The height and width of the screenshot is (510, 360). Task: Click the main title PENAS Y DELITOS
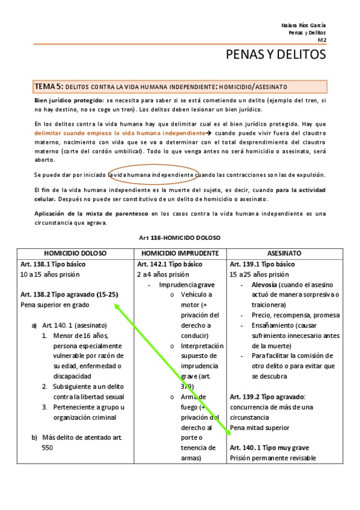pos(275,55)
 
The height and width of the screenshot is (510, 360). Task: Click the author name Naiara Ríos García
pos(304,25)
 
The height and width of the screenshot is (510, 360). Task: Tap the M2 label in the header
pos(322,40)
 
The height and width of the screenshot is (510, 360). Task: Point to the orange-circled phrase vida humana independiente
pos(155,174)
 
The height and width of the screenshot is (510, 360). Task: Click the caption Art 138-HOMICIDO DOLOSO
pos(180,238)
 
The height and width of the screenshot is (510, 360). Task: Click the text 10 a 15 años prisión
pos(50,274)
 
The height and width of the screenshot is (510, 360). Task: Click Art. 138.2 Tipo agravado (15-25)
pos(69,294)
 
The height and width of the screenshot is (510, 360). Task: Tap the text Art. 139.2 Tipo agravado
pos(267,397)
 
